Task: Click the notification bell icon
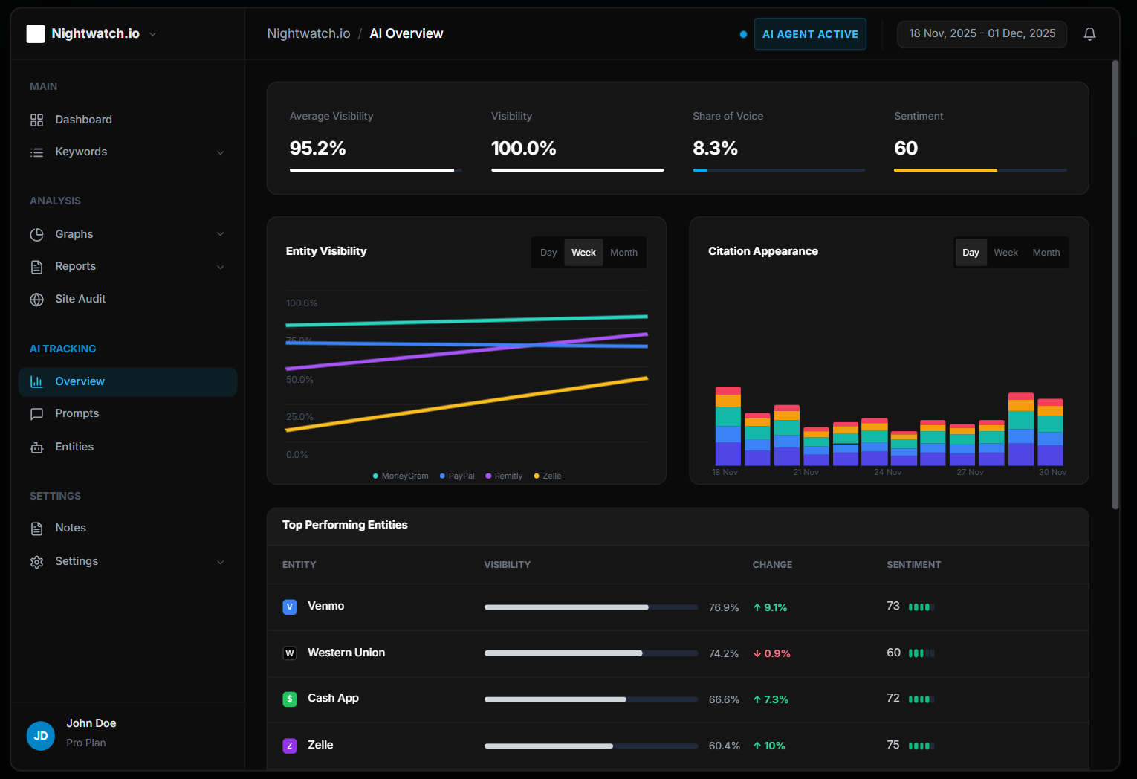[x=1089, y=34]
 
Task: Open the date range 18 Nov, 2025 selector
[x=981, y=34]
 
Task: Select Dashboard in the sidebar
[x=83, y=120]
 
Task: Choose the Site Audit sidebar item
[x=80, y=299]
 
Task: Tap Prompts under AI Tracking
[x=77, y=413]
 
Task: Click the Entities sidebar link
[x=74, y=447]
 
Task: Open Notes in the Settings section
[x=71, y=528]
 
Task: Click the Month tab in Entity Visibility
[x=623, y=253]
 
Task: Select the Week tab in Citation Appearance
[x=1005, y=253]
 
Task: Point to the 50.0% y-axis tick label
[x=299, y=380]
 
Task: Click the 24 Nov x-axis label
[x=887, y=472]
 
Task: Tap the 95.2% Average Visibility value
[x=317, y=149]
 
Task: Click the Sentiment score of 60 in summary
[x=905, y=149]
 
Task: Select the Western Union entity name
[x=346, y=653]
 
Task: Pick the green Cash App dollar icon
[x=290, y=699]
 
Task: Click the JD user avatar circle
[x=41, y=736]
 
